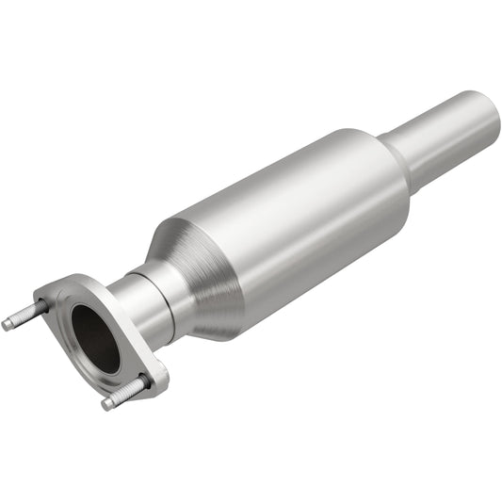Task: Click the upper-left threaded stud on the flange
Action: [25, 315]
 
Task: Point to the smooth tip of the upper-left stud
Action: [8, 325]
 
